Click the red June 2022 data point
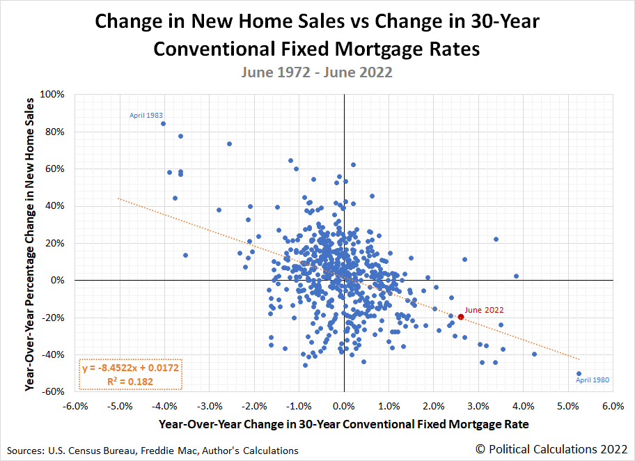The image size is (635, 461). point(461,317)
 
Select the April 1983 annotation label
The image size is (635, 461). point(147,116)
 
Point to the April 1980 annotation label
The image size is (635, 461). point(593,380)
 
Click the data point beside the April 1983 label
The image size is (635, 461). point(163,124)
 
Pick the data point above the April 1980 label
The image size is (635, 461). point(579,373)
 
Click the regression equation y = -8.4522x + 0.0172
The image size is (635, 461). point(131,367)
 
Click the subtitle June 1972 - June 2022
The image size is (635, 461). point(317,72)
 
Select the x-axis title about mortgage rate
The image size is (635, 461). point(344,423)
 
